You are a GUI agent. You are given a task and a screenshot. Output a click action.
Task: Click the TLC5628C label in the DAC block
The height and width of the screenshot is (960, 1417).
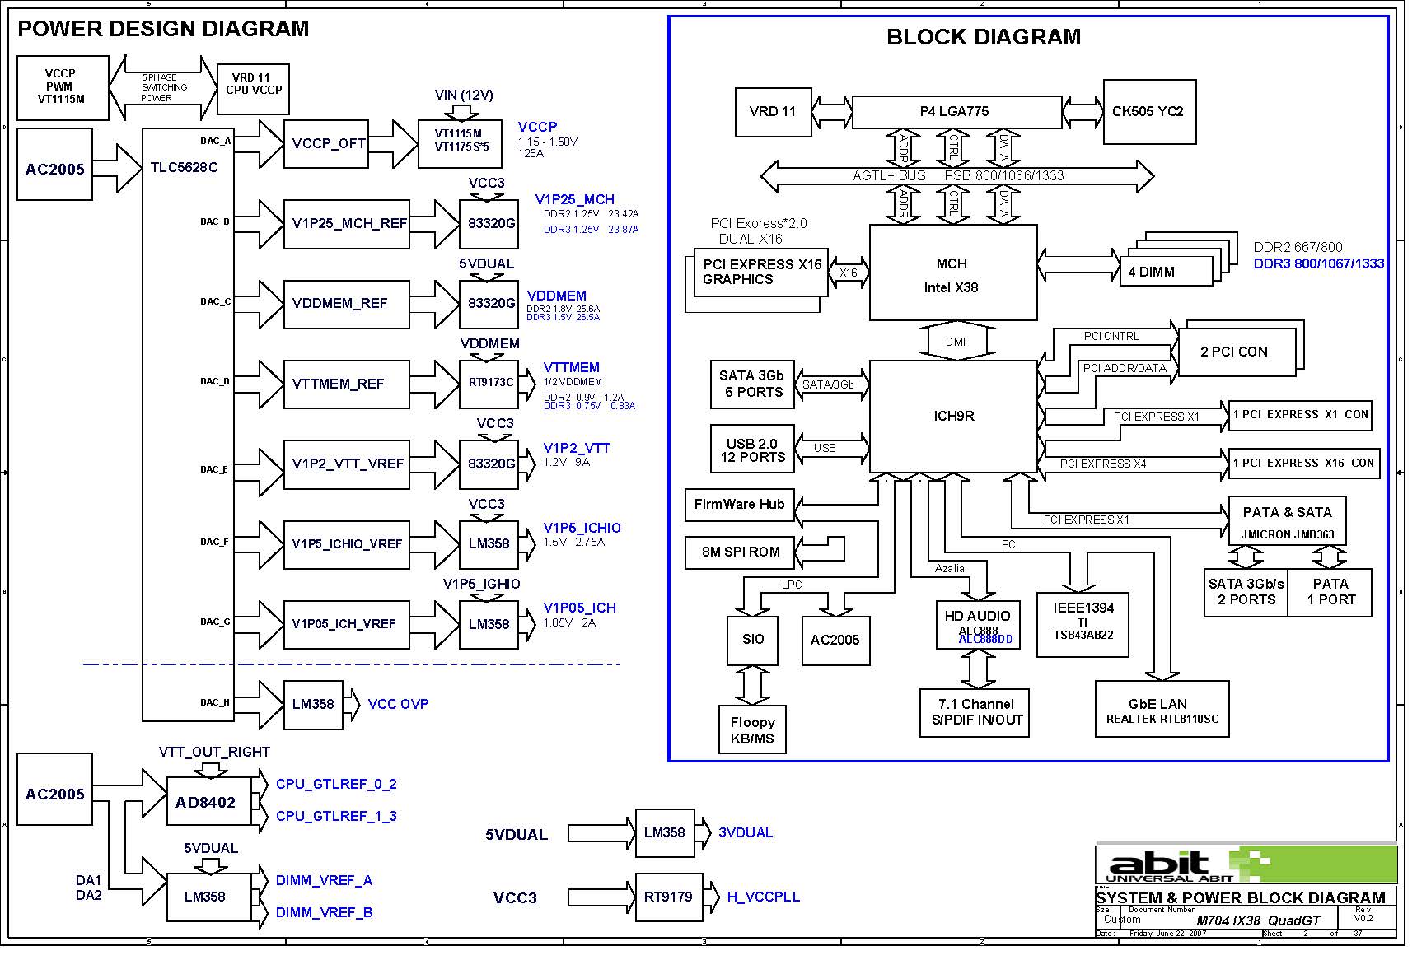[184, 167]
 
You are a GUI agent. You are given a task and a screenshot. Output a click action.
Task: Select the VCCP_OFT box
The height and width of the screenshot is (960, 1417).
[328, 143]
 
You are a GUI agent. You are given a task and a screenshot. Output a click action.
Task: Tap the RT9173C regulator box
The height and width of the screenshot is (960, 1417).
[489, 383]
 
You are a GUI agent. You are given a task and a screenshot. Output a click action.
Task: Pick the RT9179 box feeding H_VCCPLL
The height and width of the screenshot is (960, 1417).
[667, 897]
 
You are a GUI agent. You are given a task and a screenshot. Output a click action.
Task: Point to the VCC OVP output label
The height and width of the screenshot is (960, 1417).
[398, 704]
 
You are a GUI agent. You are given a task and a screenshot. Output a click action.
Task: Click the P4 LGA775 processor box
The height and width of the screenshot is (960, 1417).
[956, 111]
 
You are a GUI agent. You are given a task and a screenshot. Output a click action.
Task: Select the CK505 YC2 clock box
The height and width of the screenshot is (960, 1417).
[1148, 111]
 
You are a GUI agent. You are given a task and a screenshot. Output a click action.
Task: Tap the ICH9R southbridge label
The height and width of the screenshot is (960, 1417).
[953, 416]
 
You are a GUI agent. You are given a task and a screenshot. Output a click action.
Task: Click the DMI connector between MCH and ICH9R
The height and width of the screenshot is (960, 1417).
[955, 342]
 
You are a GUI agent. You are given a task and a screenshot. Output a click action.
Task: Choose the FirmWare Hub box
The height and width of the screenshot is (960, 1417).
[739, 504]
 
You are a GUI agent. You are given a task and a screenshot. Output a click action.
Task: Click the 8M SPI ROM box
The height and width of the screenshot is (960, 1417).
[740, 552]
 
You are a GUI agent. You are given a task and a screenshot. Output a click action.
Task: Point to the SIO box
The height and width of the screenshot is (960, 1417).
[752, 639]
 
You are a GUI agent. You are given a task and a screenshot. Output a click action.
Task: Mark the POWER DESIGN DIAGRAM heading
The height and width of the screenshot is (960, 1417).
[163, 29]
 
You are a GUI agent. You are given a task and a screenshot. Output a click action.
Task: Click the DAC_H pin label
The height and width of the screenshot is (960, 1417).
[214, 702]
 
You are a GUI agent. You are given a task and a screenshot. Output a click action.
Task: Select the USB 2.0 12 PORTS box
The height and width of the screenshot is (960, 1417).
[752, 450]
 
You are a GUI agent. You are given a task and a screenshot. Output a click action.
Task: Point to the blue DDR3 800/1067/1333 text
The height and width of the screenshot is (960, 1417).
[1318, 263]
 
